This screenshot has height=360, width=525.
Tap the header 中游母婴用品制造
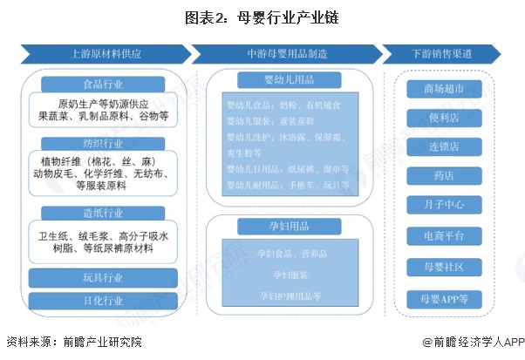287,53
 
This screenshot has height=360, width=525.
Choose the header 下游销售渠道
442,53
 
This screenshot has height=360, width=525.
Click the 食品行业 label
102,85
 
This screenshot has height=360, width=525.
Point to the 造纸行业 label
102,214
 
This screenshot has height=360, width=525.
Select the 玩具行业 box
102,278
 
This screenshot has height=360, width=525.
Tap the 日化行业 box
102,302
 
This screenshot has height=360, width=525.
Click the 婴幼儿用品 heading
287,80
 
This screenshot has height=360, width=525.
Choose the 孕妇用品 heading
287,225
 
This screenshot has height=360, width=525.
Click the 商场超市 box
442,88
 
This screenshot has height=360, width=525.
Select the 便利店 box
442,118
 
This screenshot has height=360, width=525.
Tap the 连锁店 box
442,147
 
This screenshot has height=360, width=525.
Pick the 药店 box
442,176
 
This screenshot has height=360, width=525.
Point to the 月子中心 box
442,206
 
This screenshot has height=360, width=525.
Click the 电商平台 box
442,236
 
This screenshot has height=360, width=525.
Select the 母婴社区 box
442,266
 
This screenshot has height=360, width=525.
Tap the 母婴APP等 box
442,298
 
